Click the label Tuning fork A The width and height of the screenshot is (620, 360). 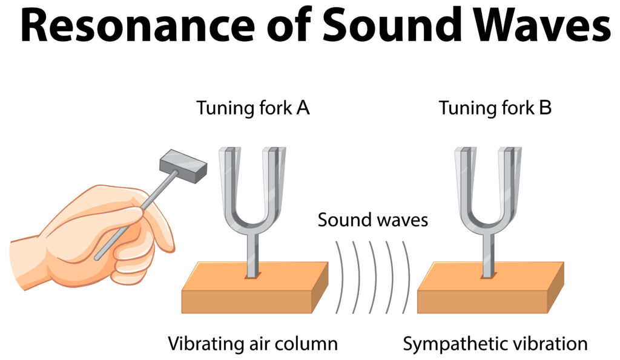point(253,108)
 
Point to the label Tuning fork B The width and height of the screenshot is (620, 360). point(495,108)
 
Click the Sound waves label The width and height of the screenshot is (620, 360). point(372,219)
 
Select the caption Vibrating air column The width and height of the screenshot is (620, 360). point(252,344)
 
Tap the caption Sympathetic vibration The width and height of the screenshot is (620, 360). point(495,344)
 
